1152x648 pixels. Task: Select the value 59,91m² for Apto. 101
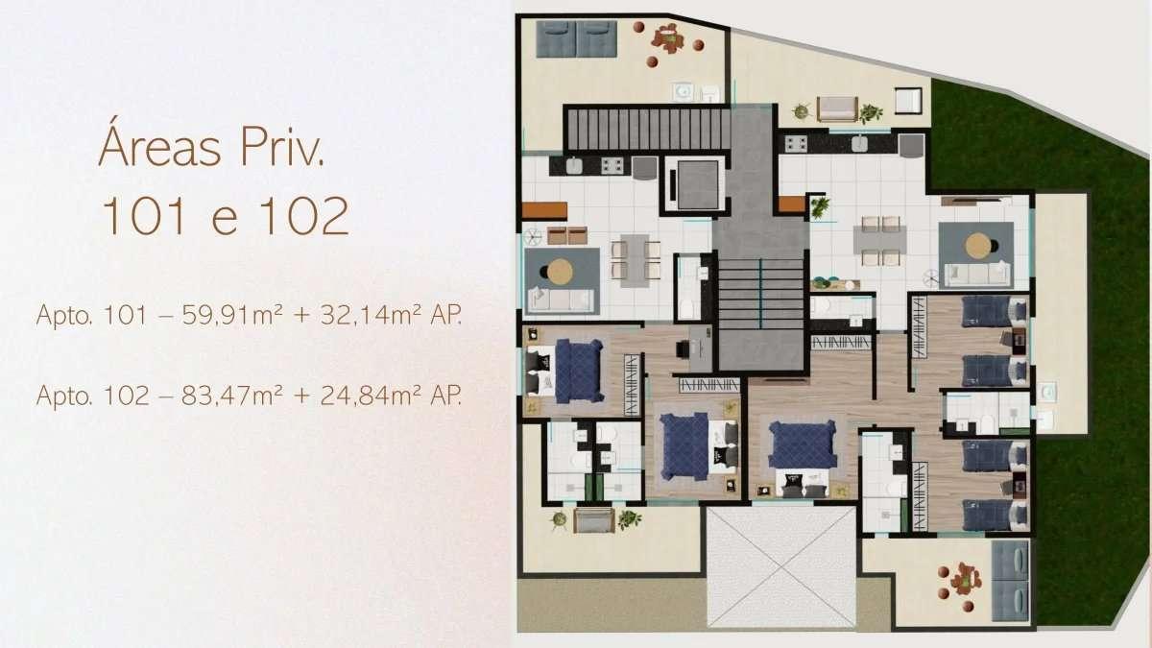[x=232, y=315]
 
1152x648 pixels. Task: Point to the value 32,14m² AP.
[x=391, y=315]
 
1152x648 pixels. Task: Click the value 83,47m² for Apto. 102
[x=232, y=396]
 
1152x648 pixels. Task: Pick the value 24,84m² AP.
[x=391, y=396]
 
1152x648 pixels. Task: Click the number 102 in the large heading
[x=304, y=216]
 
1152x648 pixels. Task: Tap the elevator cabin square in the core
[x=697, y=184]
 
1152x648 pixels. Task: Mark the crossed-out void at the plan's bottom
[x=781, y=566]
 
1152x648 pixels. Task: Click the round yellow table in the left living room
[x=560, y=271]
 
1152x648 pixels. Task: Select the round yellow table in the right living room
[x=978, y=246]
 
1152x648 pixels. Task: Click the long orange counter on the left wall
[x=544, y=211]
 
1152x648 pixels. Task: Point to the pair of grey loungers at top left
[x=577, y=39]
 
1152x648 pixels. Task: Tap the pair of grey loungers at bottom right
[x=1011, y=581]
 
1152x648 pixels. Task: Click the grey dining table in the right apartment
[x=880, y=240]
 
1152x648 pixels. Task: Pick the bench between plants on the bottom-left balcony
[x=594, y=520]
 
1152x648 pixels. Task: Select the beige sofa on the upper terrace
[x=837, y=109]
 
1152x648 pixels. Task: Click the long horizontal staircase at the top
[x=649, y=129]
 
